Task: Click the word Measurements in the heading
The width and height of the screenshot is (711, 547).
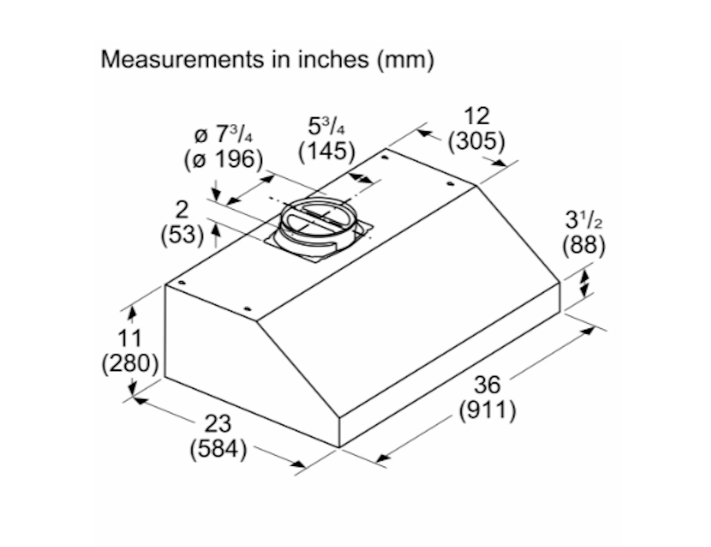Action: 182,59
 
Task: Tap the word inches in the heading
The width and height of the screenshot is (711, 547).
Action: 333,59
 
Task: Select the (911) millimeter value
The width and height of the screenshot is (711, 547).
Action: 488,411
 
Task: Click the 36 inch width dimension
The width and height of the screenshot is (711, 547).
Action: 487,385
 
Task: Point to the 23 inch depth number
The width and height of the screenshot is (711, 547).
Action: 218,424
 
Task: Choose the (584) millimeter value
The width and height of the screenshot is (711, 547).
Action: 218,449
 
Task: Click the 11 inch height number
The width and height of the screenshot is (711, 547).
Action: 130,338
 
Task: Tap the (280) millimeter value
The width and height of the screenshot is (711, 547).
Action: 130,364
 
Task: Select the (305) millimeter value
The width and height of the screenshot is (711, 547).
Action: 476,141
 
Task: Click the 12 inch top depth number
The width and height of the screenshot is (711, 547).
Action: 477,116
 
